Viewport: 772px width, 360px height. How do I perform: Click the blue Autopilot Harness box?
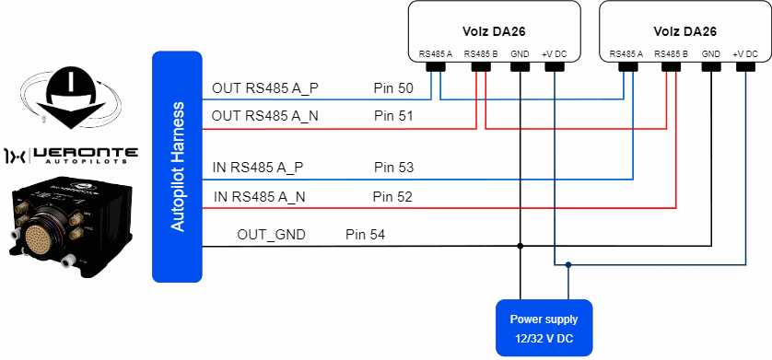(x=177, y=167)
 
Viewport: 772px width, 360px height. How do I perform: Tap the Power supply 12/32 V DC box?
(x=544, y=328)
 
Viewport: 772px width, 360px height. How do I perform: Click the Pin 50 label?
(x=393, y=88)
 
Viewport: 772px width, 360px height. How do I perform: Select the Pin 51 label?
(x=393, y=117)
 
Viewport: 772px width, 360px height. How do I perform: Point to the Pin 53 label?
(x=394, y=168)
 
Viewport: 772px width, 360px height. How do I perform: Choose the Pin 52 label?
(x=392, y=197)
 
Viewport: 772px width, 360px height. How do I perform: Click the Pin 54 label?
(x=366, y=235)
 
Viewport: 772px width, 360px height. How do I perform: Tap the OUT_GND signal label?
(x=271, y=235)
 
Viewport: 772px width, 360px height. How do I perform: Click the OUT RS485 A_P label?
(x=265, y=88)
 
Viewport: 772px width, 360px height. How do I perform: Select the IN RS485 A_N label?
(x=260, y=197)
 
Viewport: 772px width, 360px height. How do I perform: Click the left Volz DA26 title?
(x=494, y=32)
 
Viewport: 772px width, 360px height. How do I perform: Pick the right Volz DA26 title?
(x=684, y=32)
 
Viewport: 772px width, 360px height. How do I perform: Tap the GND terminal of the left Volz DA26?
(x=520, y=66)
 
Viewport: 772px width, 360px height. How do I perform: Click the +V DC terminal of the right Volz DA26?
(x=745, y=66)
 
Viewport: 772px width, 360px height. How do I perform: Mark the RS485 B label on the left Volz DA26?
(x=481, y=54)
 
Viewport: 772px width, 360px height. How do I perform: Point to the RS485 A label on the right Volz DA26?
(x=626, y=54)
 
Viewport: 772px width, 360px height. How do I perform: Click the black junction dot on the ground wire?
(x=520, y=246)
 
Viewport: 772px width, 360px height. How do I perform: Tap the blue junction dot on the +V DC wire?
(x=568, y=264)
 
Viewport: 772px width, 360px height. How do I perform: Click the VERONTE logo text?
(x=84, y=156)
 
